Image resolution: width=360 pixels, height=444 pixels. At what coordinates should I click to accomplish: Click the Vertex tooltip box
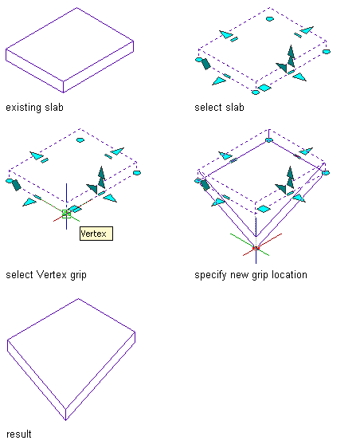click(x=96, y=234)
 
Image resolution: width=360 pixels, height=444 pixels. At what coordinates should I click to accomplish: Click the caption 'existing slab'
click(x=34, y=108)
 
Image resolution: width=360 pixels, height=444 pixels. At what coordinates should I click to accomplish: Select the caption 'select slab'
click(x=219, y=108)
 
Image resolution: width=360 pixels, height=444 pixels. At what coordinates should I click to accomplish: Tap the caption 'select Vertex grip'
click(x=46, y=275)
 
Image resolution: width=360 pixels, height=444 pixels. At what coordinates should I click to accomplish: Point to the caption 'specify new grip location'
click(x=251, y=275)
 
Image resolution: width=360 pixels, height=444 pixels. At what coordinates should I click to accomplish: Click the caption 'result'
click(x=18, y=434)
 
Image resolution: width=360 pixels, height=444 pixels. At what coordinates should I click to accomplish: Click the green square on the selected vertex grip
click(x=67, y=214)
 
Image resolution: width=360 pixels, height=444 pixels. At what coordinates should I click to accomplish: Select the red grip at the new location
click(x=256, y=249)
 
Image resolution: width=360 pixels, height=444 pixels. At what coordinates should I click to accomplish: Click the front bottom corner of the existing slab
click(x=63, y=92)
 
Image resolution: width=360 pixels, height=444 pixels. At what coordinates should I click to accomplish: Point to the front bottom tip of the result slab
click(x=65, y=420)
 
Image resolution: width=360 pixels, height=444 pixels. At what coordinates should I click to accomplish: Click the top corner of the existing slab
click(x=77, y=8)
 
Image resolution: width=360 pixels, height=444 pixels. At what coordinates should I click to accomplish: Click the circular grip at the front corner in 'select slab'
click(x=256, y=92)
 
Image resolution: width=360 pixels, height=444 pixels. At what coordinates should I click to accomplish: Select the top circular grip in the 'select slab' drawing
click(x=270, y=19)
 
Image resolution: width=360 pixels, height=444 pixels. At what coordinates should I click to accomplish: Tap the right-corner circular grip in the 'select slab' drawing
click(x=327, y=52)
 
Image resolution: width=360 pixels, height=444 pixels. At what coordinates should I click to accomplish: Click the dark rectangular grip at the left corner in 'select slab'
click(x=205, y=64)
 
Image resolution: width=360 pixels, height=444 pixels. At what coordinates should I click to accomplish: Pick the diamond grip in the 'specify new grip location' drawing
click(x=264, y=210)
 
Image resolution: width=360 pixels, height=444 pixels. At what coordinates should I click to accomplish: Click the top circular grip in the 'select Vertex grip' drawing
click(x=80, y=139)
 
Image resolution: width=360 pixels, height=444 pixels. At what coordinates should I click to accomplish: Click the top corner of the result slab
click(x=78, y=299)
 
